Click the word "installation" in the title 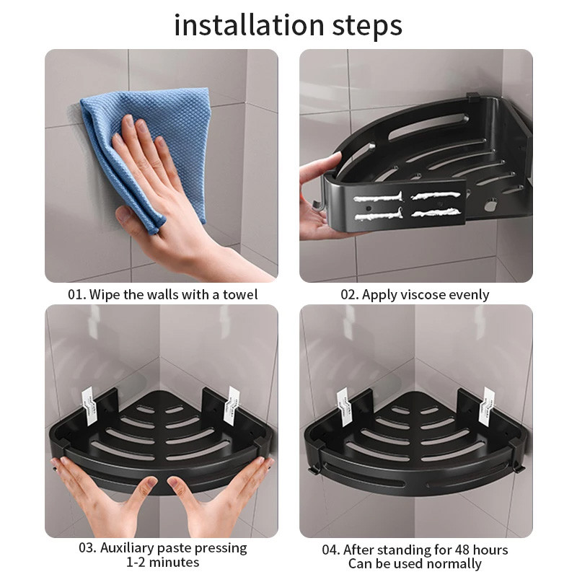coord(249,25)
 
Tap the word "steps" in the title coord(367,27)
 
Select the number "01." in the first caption coord(77,295)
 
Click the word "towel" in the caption coord(240,294)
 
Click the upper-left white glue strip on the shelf coord(378,197)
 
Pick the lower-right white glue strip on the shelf coord(436,212)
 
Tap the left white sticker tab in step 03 coord(89,405)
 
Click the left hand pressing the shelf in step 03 coord(107,497)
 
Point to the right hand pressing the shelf coord(221,497)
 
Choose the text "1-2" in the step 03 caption coord(136,563)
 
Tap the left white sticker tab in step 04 coord(343,407)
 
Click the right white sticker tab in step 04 coord(487,407)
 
